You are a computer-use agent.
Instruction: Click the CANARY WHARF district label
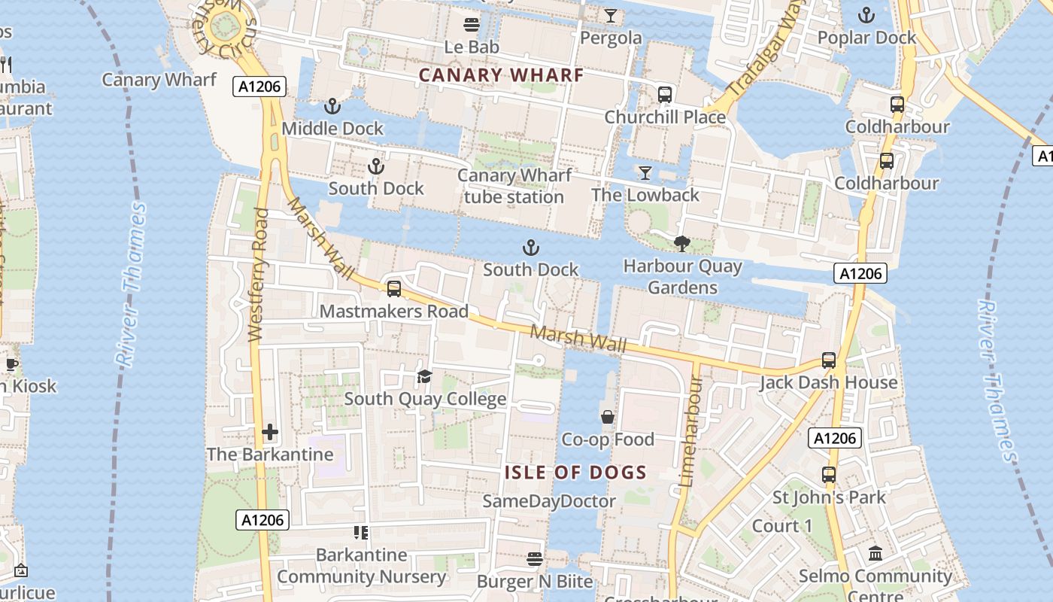[x=501, y=75]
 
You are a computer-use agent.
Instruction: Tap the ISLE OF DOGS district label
[x=575, y=473]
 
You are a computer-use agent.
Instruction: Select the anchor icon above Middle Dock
[x=332, y=106]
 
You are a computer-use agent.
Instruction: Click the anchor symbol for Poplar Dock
[x=866, y=15]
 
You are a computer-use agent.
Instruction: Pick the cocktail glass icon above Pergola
[x=610, y=16]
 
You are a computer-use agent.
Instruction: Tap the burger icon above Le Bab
[x=472, y=25]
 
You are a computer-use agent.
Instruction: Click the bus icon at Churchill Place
[x=665, y=95]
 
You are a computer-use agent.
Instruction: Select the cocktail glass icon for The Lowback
[x=645, y=173]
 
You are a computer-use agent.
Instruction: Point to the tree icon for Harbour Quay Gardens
[x=682, y=244]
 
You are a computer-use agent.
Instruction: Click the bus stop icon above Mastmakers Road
[x=393, y=289]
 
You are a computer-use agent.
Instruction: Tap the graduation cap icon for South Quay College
[x=425, y=376]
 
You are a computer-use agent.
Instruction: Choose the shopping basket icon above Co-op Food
[x=607, y=417]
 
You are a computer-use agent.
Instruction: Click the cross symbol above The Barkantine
[x=270, y=432]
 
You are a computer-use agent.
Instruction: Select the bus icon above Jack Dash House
[x=828, y=360]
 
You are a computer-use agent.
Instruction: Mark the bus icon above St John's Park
[x=828, y=475]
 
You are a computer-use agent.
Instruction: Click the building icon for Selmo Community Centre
[x=875, y=554]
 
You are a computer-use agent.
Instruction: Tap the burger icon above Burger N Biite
[x=535, y=559]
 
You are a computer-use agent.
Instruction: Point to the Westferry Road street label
[x=257, y=275]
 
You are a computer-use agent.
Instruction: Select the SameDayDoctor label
[x=549, y=501]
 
